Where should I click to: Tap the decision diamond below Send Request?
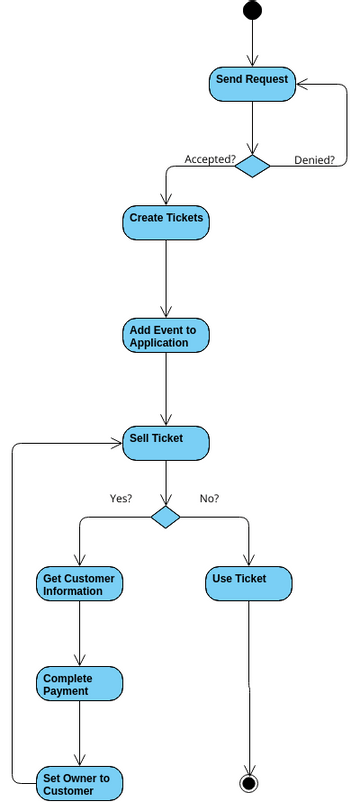(x=252, y=166)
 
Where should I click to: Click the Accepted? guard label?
(x=210, y=159)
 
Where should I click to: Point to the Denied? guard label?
(x=314, y=159)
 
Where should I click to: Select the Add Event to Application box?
(x=166, y=336)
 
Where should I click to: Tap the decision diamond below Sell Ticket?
(x=166, y=517)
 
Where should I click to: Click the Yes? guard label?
(x=121, y=498)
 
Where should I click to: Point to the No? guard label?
(x=210, y=498)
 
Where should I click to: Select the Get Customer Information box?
(x=80, y=584)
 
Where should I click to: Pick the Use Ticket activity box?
(x=250, y=584)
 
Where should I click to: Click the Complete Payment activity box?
(x=80, y=684)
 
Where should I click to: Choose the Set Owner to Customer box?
(x=80, y=783)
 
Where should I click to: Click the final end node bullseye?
(x=250, y=780)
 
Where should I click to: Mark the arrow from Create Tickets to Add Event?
(x=166, y=280)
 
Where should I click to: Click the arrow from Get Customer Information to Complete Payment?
(x=80, y=634)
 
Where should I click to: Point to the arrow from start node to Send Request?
(x=252, y=42)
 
